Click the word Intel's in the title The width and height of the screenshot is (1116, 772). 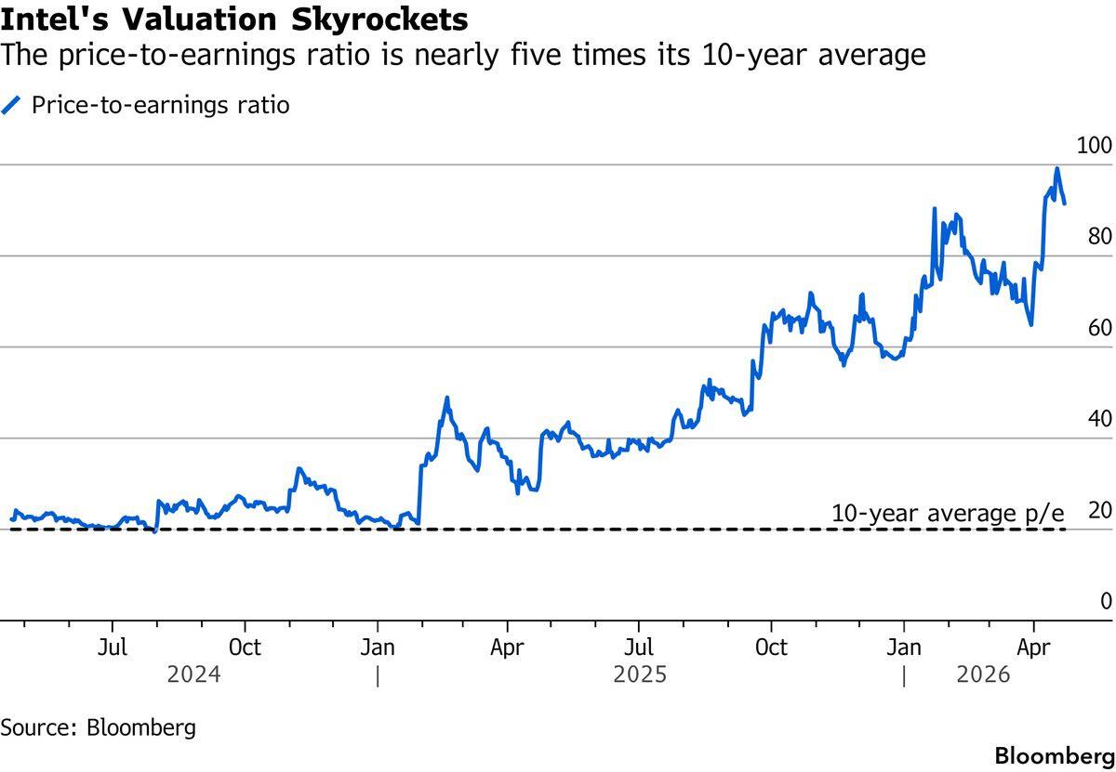50,19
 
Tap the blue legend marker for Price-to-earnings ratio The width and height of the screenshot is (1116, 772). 12,105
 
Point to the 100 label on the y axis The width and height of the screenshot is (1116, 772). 1094,146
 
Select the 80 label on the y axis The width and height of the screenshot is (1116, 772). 1100,237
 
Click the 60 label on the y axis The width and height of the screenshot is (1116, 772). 1100,328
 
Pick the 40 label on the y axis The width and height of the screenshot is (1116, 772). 1100,419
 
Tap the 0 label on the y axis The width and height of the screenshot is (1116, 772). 1106,601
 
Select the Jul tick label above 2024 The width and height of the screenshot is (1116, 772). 113,646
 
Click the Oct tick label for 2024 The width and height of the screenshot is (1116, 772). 245,646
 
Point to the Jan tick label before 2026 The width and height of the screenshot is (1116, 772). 903,646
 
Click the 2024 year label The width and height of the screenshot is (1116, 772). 193,674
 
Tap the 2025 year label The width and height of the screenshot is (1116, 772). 640,674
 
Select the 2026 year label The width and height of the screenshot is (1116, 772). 983,674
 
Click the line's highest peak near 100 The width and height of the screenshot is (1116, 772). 1056,169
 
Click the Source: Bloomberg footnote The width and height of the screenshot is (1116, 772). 99,726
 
